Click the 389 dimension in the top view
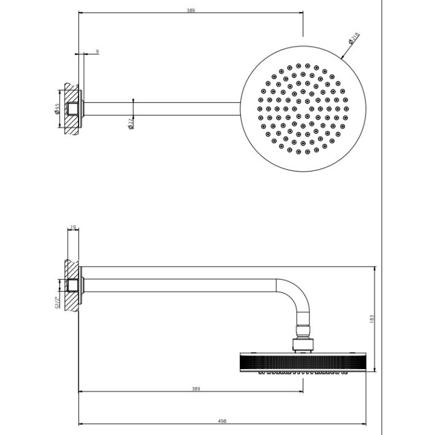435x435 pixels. [x=191, y=11]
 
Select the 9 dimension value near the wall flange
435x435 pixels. [x=97, y=52]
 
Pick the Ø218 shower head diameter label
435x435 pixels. [x=354, y=39]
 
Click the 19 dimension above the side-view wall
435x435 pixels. [x=72, y=228]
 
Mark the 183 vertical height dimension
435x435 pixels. [x=372, y=318]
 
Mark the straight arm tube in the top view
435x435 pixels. [x=163, y=109]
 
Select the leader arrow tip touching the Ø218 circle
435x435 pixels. [x=341, y=57]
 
